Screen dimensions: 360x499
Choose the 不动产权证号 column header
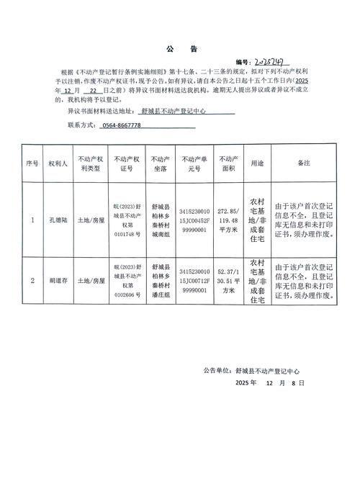(127, 164)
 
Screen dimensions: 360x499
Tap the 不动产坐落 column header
(161, 164)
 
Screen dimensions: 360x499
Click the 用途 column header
(257, 164)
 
